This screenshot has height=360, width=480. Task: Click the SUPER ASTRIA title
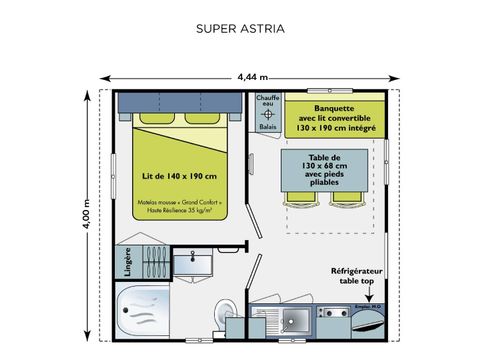239,28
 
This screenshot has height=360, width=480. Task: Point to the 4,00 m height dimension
87,213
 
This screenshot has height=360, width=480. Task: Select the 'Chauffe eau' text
263,101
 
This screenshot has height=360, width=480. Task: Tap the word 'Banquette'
336,99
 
